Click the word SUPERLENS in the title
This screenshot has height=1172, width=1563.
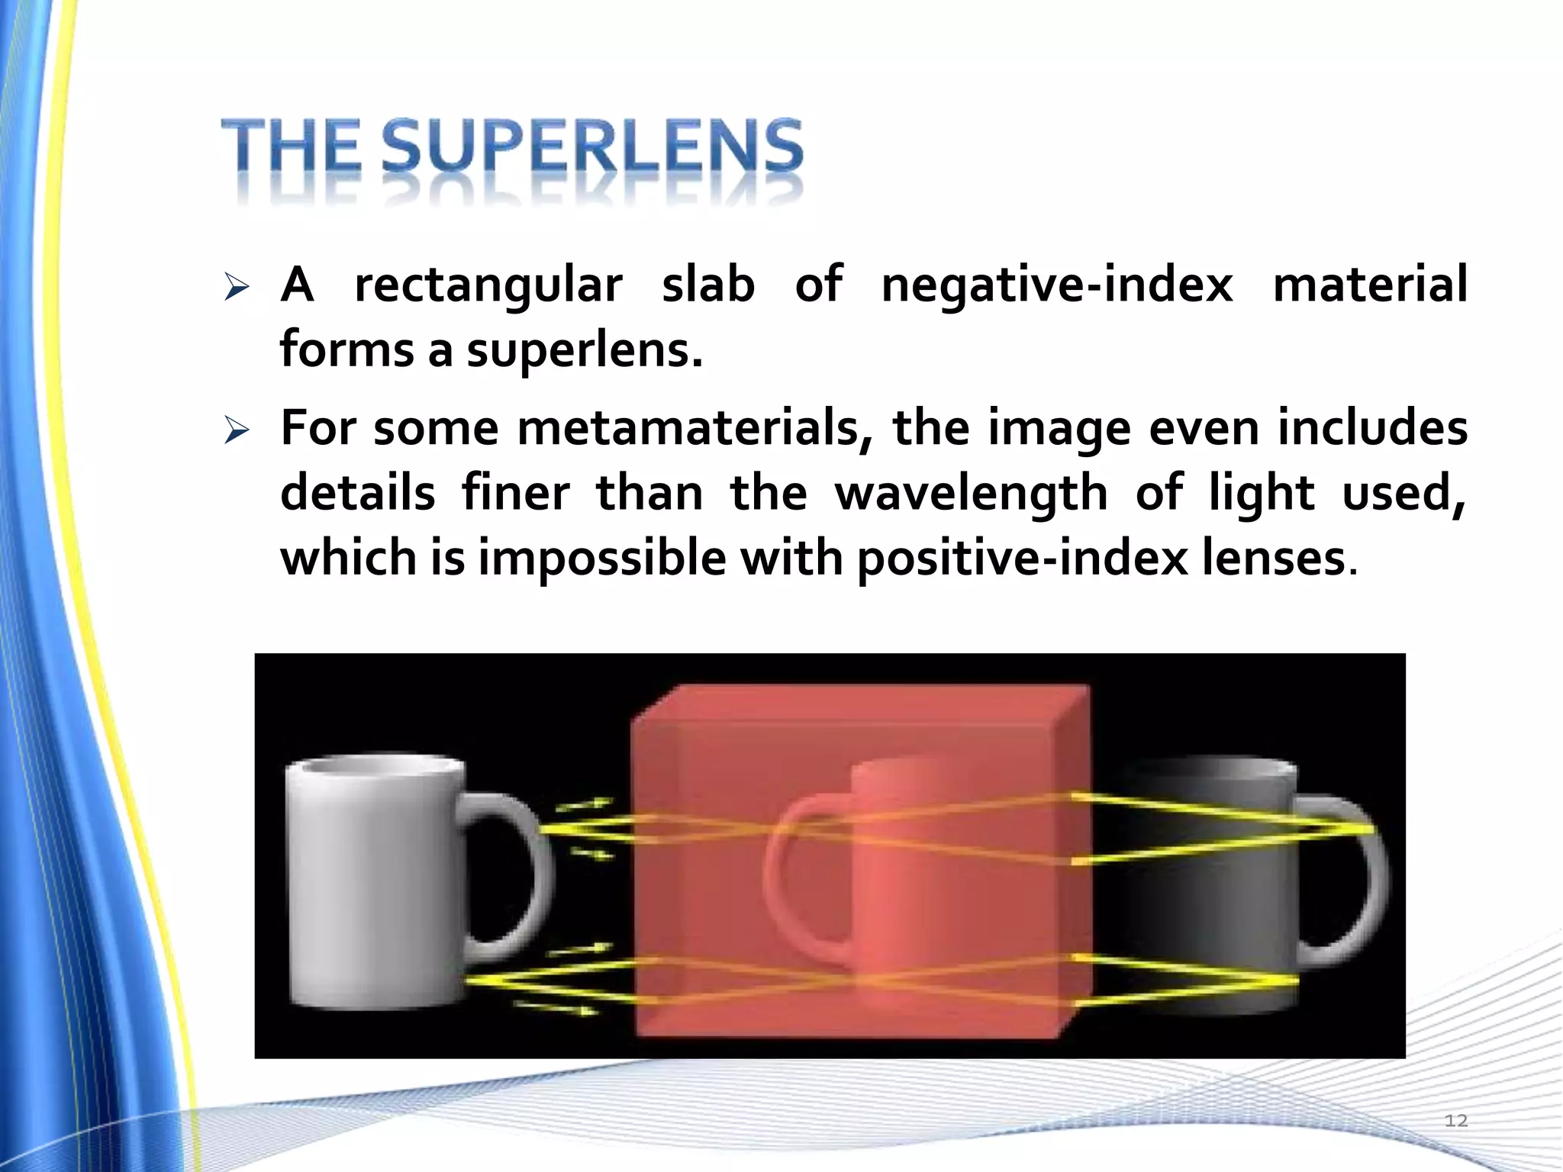pos(592,146)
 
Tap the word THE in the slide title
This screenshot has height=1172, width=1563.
pos(291,146)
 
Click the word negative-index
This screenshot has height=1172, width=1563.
pos(1057,286)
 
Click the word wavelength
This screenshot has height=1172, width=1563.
pos(972,494)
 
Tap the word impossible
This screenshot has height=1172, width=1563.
pos(602,559)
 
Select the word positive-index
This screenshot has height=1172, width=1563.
pos(1022,559)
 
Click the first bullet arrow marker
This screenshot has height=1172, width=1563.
pos(237,288)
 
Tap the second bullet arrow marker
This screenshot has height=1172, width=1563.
pos(237,431)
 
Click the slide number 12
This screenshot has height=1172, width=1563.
pos(1455,1120)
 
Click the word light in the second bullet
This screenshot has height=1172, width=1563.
pos(1262,494)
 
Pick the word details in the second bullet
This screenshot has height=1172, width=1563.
pos(357,494)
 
